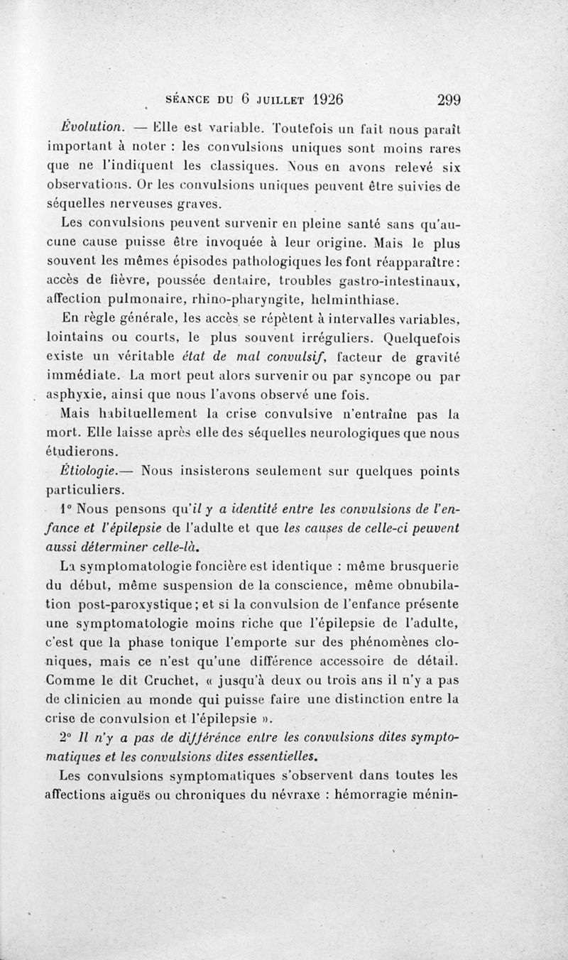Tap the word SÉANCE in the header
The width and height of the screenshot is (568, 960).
(x=187, y=101)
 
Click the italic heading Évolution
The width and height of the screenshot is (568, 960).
(x=92, y=129)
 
